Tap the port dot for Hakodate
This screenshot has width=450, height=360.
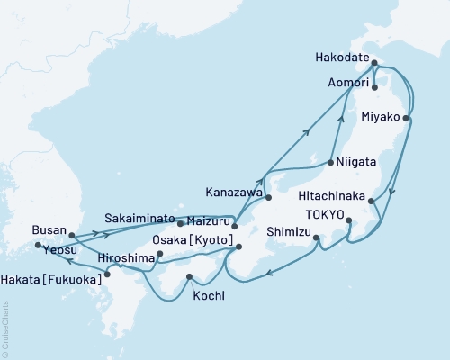click(374, 63)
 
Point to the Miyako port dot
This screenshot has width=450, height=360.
click(407, 118)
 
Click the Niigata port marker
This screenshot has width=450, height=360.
click(331, 163)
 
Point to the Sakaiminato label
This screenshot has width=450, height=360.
click(138, 218)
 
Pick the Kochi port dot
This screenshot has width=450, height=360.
click(190, 277)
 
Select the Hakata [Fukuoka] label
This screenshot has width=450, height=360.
click(53, 277)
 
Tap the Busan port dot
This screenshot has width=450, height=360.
click(73, 236)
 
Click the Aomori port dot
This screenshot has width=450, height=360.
click(374, 88)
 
